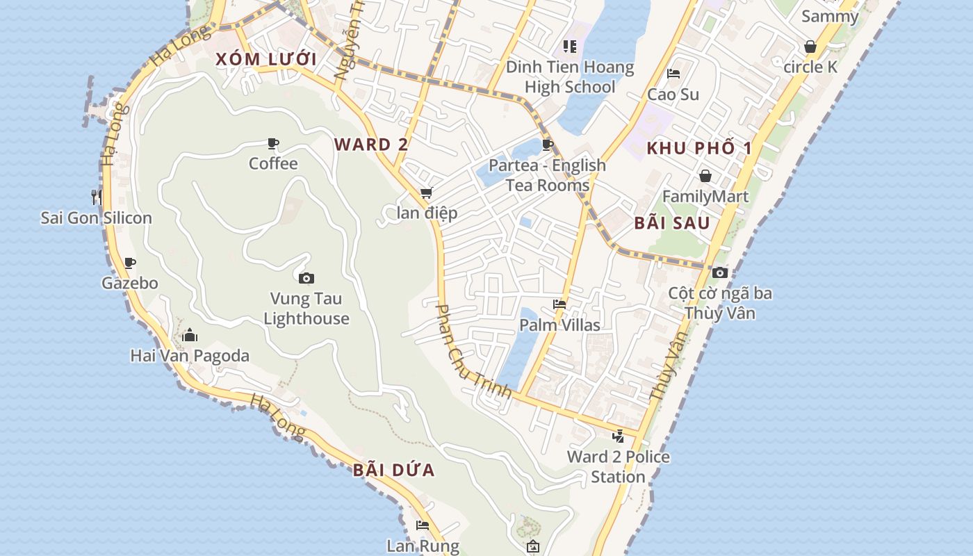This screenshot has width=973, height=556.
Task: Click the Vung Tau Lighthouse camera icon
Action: click(306, 279)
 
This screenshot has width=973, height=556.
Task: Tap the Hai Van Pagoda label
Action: click(190, 356)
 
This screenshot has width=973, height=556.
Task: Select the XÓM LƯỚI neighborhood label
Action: click(266, 59)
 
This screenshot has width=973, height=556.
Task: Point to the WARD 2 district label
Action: click(371, 145)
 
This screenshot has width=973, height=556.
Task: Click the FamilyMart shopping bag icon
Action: click(705, 176)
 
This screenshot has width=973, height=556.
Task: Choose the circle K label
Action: click(810, 67)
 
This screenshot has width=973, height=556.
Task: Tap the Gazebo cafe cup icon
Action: click(130, 263)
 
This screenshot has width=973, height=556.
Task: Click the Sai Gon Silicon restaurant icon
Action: click(97, 197)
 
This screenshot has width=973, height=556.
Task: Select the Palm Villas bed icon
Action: click(559, 304)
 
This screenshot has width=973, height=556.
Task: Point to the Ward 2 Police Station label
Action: click(619, 467)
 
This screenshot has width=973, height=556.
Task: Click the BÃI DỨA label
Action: click(394, 471)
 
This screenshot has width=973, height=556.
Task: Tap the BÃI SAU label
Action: click(672, 223)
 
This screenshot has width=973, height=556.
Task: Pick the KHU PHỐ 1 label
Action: click(699, 148)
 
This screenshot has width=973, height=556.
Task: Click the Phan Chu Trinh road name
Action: click(473, 352)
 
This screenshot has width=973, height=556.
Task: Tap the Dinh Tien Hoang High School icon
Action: click(570, 47)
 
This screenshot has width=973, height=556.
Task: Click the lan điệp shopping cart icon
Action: click(426, 193)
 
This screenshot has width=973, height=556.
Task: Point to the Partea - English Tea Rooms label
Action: click(548, 175)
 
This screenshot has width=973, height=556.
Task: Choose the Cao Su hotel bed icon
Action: click(673, 74)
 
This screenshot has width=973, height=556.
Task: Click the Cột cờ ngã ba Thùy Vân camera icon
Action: click(720, 272)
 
